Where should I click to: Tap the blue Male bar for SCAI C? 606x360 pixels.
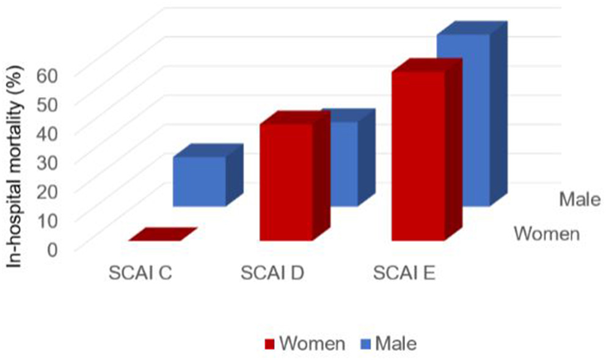click(x=199, y=182)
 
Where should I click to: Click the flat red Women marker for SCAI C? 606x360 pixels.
click(x=162, y=234)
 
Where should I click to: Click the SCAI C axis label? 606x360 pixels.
click(x=140, y=273)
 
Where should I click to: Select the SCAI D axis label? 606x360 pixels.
click(x=272, y=273)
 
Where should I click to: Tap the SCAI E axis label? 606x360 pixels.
click(x=404, y=273)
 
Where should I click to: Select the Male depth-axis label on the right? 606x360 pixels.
click(x=580, y=199)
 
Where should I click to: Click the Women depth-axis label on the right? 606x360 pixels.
click(x=546, y=233)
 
